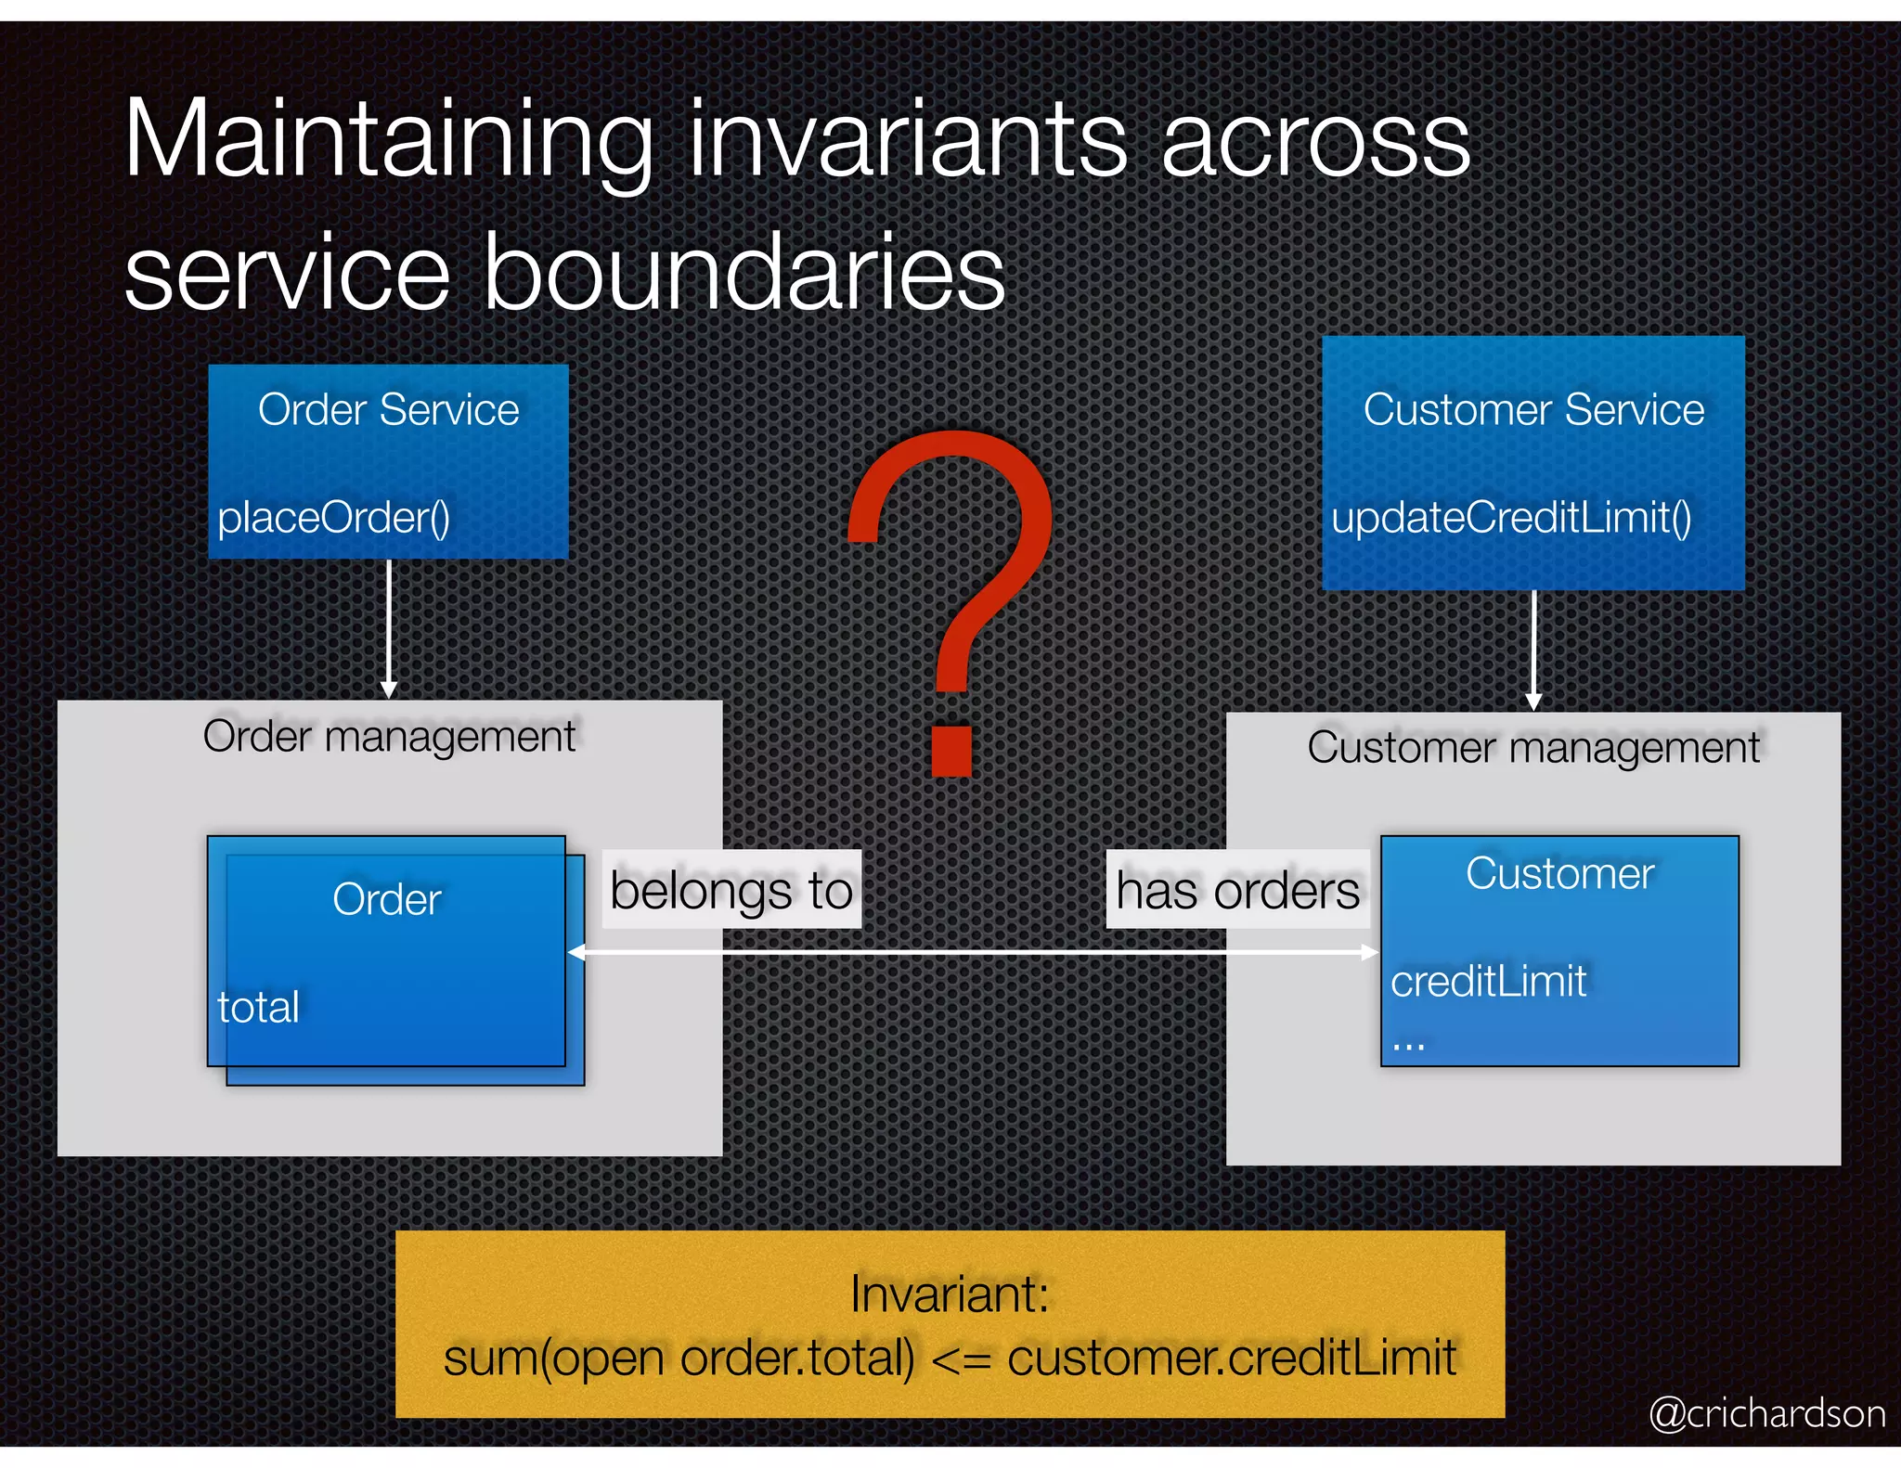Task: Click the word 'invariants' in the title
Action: coord(907,141)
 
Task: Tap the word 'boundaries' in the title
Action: coord(744,274)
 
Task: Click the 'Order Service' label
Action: coord(388,410)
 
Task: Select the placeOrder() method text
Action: coord(333,518)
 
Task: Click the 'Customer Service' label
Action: coord(1533,410)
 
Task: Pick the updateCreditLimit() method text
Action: coord(1511,518)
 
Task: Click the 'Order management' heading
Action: coord(389,737)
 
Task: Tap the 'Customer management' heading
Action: coord(1533,748)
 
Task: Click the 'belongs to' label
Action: coord(731,890)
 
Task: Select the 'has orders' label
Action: coord(1237,890)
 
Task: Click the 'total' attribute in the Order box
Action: coord(259,1008)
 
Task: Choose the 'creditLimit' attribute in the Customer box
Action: coord(1488,982)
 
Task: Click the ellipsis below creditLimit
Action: coord(1408,1045)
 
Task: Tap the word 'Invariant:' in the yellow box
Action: coord(950,1294)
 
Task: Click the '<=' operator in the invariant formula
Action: coord(961,1359)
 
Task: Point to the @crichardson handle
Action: coord(1766,1413)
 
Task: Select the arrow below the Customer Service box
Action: coord(1533,650)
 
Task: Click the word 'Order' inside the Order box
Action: coord(386,900)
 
